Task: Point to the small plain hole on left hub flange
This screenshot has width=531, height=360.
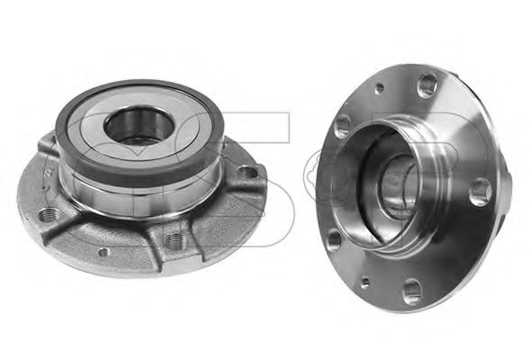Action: click(105, 254)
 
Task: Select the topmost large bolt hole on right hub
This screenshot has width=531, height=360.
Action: click(427, 86)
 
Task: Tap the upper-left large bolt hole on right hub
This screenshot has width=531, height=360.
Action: click(343, 127)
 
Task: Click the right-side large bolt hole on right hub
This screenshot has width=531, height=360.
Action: click(480, 192)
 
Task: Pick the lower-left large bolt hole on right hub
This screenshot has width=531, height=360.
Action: click(335, 239)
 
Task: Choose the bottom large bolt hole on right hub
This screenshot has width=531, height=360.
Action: click(413, 291)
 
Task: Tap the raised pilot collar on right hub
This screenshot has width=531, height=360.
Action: click(360, 180)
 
